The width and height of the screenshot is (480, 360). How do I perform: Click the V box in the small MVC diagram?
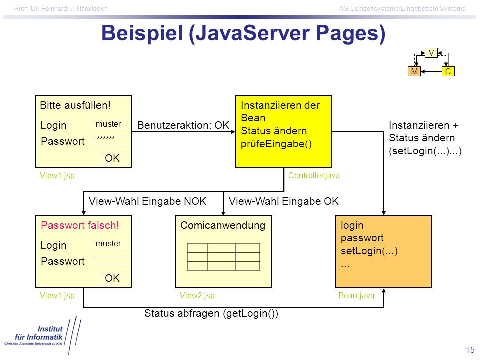click(431, 53)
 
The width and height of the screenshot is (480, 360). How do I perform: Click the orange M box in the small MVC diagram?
click(414, 71)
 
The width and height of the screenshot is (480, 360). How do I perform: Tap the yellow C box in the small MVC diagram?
click(448, 71)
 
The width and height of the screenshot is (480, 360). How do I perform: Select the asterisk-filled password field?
click(108, 140)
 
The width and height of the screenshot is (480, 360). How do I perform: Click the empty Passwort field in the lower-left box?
click(108, 260)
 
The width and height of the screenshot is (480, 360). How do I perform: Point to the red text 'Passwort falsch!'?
click(80, 225)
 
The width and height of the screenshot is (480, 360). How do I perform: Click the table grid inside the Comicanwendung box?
click(224, 257)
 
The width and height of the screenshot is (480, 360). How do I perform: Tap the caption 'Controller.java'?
click(314, 175)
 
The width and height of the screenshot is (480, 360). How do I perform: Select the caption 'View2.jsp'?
click(197, 295)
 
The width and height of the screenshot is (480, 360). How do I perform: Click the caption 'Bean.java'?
click(356, 295)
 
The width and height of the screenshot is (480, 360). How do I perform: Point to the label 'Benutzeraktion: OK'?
click(183, 125)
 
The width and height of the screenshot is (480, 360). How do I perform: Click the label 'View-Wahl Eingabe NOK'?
click(148, 201)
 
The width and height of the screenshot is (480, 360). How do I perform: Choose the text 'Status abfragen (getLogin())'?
click(211, 314)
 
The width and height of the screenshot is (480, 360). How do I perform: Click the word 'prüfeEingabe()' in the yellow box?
click(276, 144)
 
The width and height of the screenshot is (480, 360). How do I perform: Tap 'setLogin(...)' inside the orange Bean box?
click(369, 251)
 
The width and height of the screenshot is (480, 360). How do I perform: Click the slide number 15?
click(470, 350)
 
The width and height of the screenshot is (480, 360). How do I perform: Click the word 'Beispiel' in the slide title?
click(142, 33)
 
